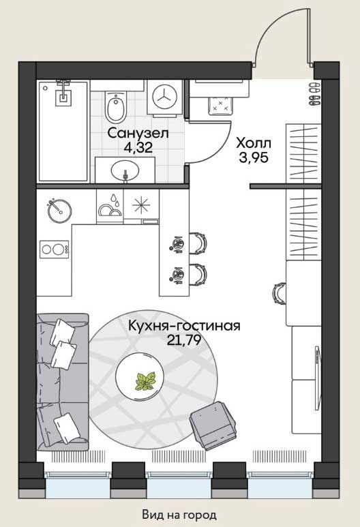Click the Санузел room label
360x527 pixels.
(x=138, y=134)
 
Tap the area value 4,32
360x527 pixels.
(x=138, y=147)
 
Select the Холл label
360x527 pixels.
(x=254, y=144)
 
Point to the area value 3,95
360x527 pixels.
(x=254, y=157)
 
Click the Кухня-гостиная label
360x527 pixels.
(x=185, y=326)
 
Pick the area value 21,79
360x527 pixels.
(x=184, y=340)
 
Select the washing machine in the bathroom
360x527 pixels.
(x=165, y=97)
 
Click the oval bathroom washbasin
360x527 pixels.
(x=125, y=170)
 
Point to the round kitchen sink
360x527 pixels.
(x=59, y=211)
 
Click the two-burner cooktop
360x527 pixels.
(x=55, y=249)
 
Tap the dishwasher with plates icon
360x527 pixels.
(x=110, y=205)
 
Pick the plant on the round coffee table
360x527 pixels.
(x=145, y=381)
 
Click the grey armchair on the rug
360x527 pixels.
(x=213, y=425)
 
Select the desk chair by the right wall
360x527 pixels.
(x=280, y=293)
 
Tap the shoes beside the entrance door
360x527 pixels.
(x=314, y=93)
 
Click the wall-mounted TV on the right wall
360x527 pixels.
(x=316, y=378)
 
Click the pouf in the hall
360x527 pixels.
(x=220, y=104)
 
